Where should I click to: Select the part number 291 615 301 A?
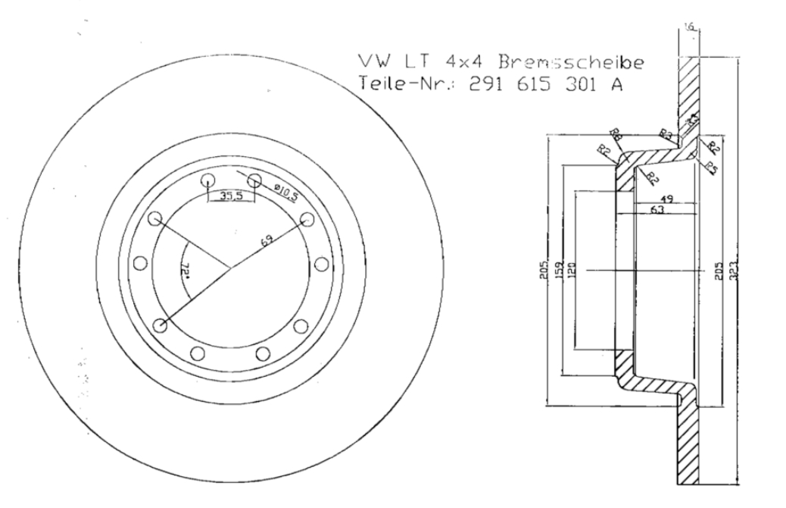click(546, 85)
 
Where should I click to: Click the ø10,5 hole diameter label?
click(282, 190)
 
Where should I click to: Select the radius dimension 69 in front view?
click(266, 242)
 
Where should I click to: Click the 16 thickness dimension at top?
click(688, 27)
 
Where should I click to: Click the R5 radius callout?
click(713, 168)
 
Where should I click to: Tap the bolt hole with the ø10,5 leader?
click(254, 180)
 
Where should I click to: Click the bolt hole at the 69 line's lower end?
click(160, 325)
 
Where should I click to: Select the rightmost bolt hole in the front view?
click(321, 264)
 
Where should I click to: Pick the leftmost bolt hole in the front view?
click(139, 263)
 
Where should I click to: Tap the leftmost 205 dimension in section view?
click(544, 269)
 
